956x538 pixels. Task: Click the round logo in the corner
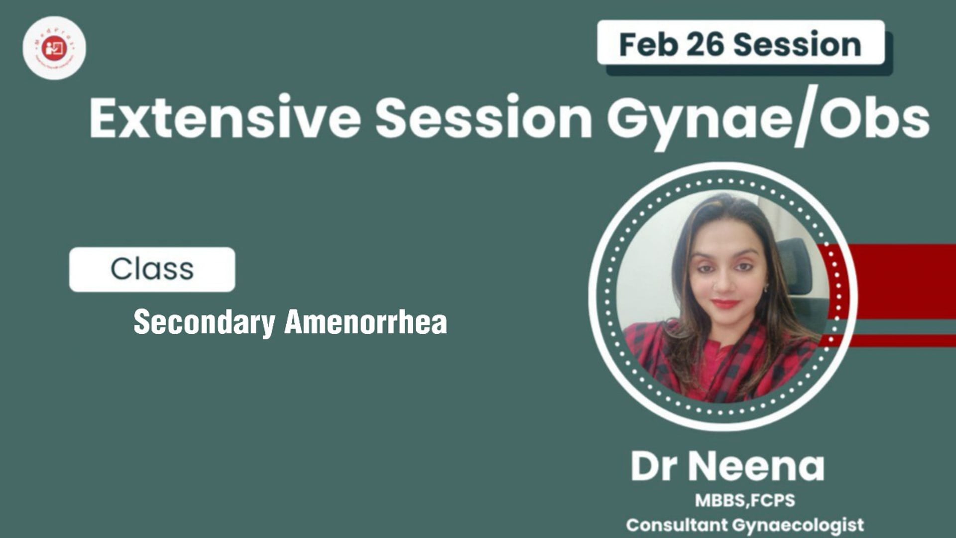pos(54,48)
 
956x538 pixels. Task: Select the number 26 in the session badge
pos(705,44)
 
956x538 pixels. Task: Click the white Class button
pos(152,269)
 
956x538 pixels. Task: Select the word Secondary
pos(204,322)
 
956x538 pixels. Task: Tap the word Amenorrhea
pos(366,322)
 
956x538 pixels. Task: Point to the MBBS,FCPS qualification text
pos(745,500)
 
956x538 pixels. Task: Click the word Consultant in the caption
pos(677,525)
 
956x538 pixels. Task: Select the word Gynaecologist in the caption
pos(798,525)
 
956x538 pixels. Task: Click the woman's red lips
pos(725,303)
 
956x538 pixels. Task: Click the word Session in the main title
pos(483,119)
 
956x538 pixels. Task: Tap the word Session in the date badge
pos(797,44)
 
